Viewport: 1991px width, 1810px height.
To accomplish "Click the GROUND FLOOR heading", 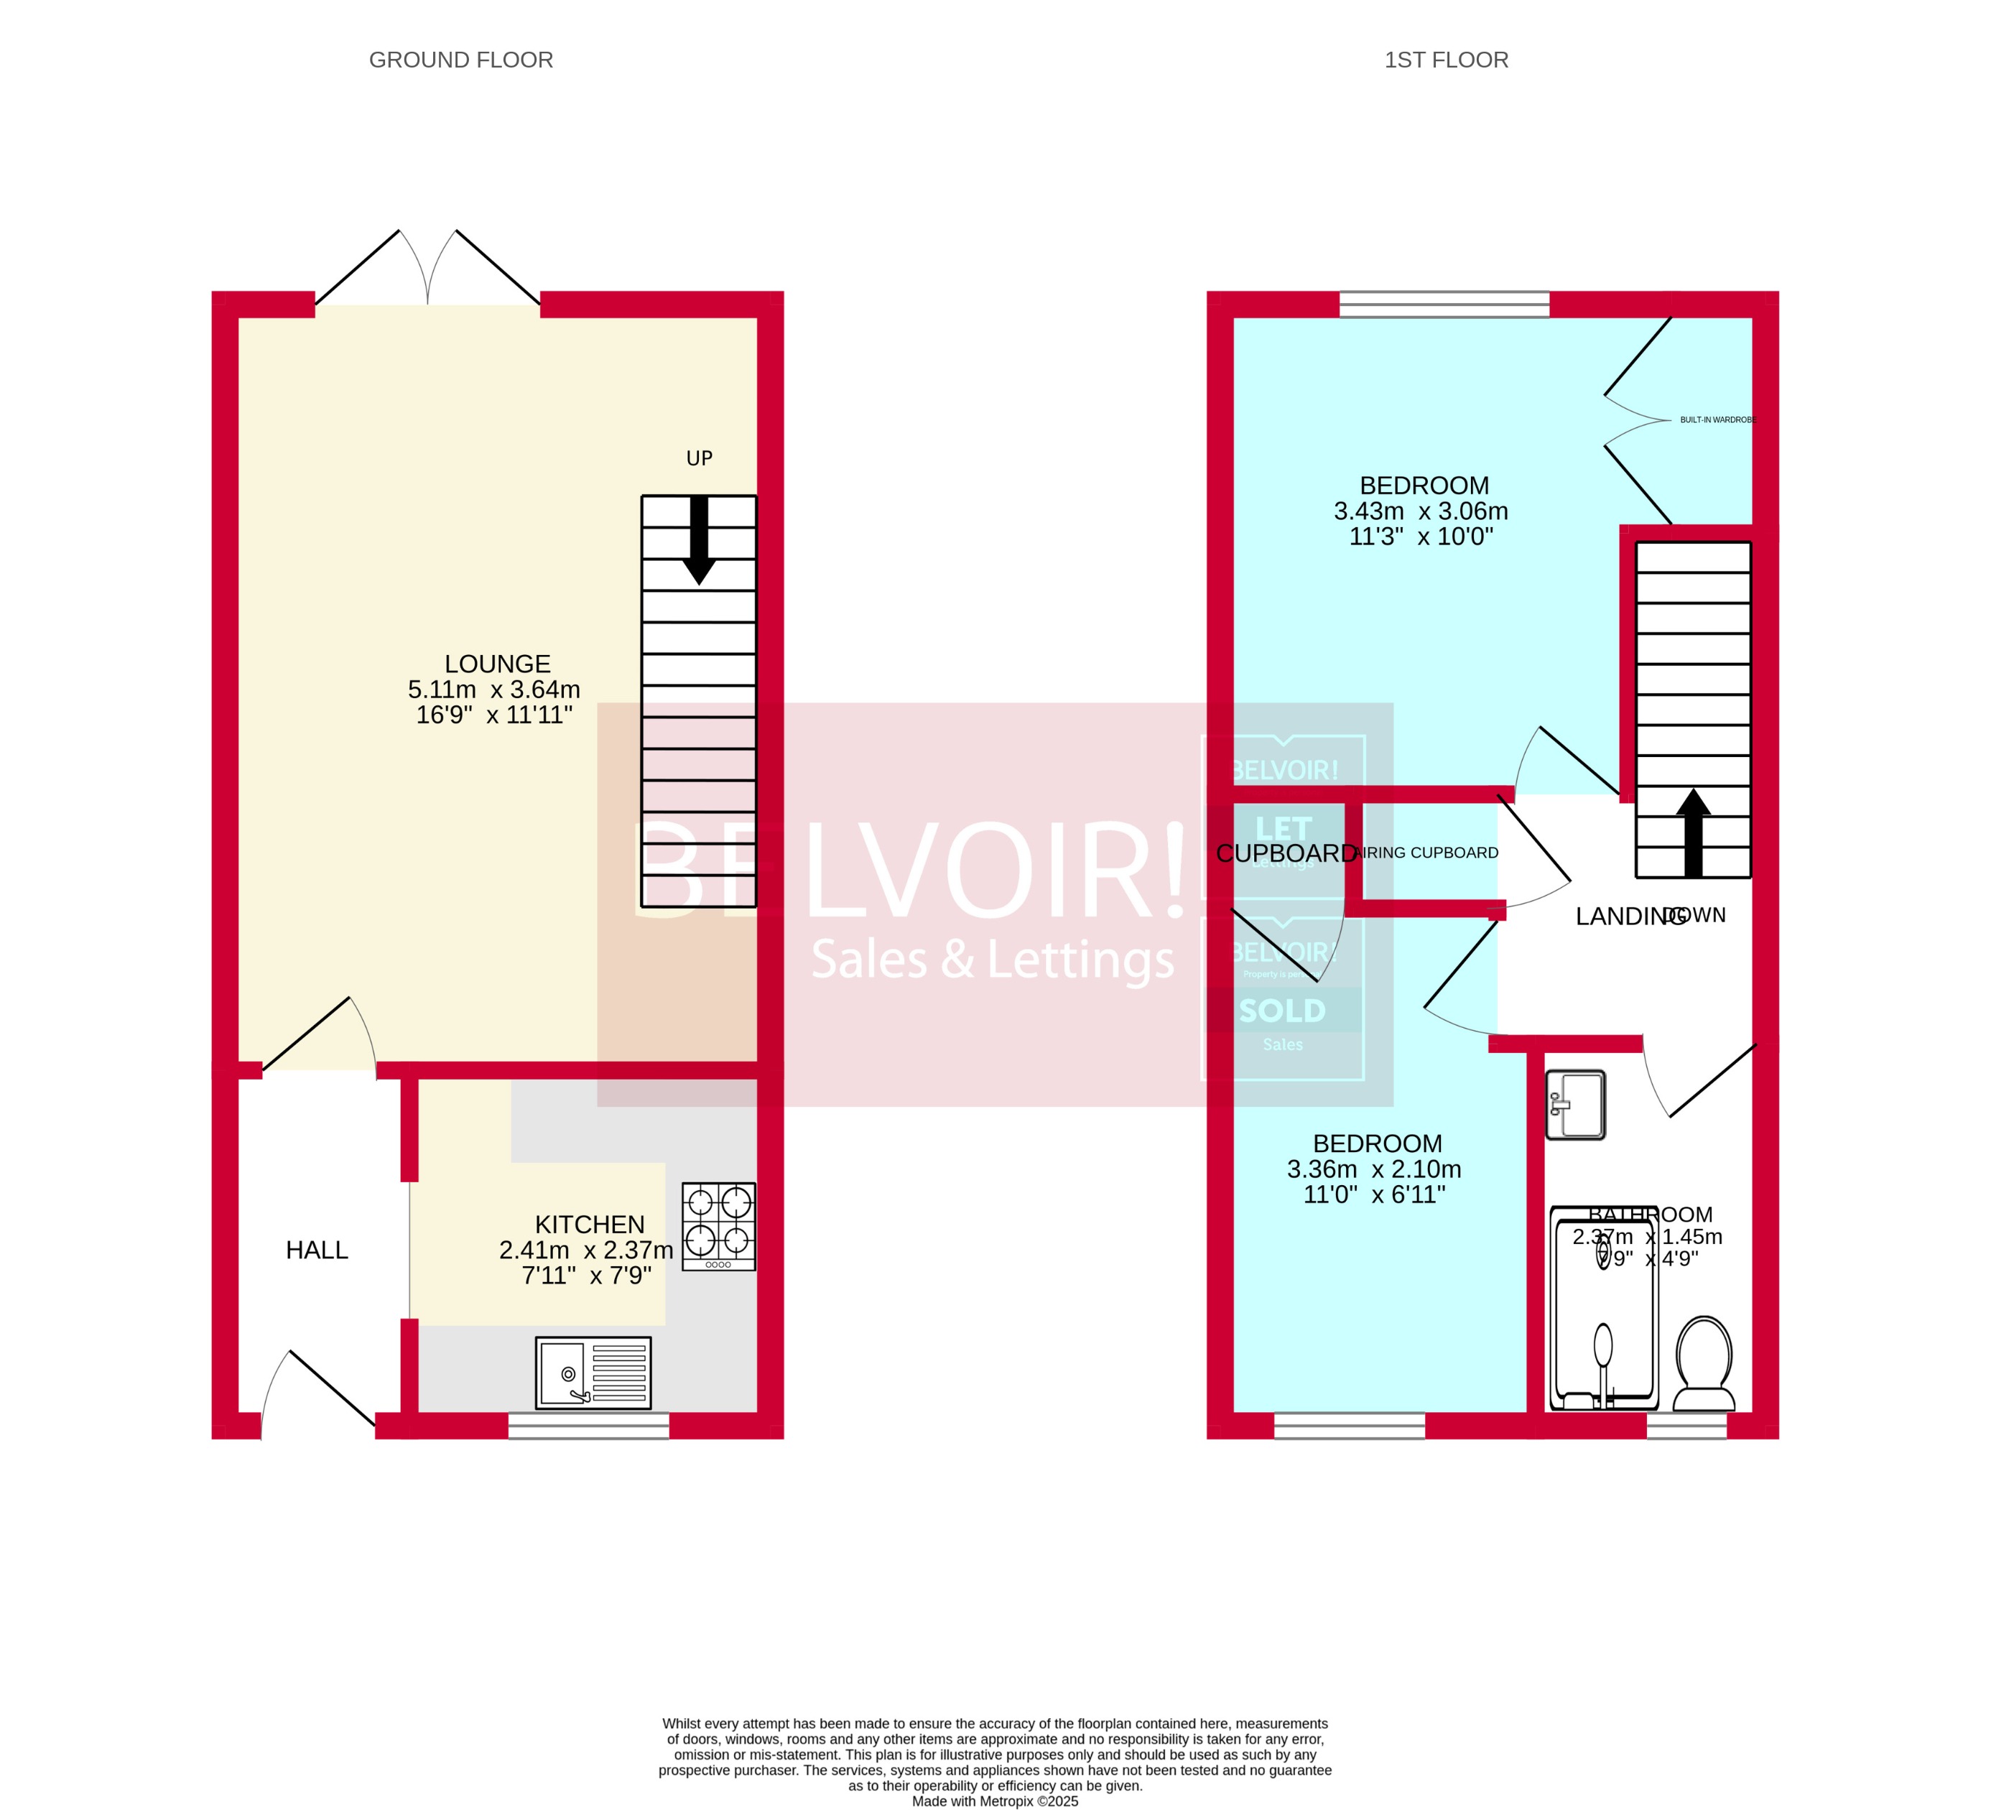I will pos(460,60).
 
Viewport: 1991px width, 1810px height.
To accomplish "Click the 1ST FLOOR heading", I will pos(1446,60).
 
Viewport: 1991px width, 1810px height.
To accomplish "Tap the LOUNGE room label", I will pos(497,664).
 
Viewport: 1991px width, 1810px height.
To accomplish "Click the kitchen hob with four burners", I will pos(718,1226).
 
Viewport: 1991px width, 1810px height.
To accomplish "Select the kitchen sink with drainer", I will pos(593,1373).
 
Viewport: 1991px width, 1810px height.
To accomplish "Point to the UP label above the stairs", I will pos(700,458).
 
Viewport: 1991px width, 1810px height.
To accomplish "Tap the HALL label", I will pos(317,1250).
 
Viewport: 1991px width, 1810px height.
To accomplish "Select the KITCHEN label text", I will pos(590,1225).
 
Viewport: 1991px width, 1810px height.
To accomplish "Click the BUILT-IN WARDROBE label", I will pos(1717,419).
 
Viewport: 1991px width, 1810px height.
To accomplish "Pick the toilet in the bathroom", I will pos(1704,1365).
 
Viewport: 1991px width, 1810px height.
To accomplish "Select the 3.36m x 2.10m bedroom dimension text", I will pos(1374,1169).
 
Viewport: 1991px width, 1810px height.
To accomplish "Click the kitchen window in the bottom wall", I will pos(589,1426).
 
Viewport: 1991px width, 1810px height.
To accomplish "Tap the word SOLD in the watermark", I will pos(1282,1011).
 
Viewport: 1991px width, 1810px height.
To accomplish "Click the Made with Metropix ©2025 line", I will pos(995,1801).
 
